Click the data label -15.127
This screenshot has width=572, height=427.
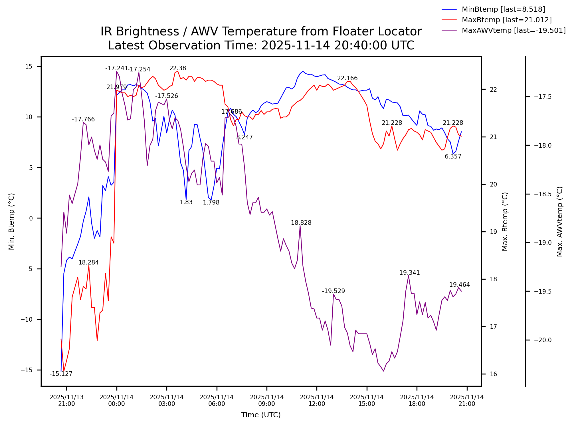coord(61,374)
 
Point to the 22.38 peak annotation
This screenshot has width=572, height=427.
coord(178,68)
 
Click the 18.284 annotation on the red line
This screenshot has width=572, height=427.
coord(88,262)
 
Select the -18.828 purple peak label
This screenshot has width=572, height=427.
coord(300,223)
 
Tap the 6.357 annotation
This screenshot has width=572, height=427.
coord(453,157)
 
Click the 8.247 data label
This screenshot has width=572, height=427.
coord(244,137)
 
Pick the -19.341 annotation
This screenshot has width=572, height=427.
coord(408,273)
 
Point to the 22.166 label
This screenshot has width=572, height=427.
coord(347,78)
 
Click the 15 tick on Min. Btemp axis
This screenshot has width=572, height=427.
coord(29,67)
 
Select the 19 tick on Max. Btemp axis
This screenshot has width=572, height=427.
coord(493,232)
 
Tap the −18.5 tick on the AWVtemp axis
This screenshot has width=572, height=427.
coord(543,194)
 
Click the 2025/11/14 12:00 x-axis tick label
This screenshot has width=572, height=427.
coord(317,400)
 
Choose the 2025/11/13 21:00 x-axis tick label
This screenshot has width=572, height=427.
coord(66,400)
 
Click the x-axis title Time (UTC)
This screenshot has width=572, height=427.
coord(261,415)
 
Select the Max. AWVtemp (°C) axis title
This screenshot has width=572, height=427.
coord(560,222)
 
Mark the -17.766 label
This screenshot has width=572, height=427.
coord(83,119)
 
